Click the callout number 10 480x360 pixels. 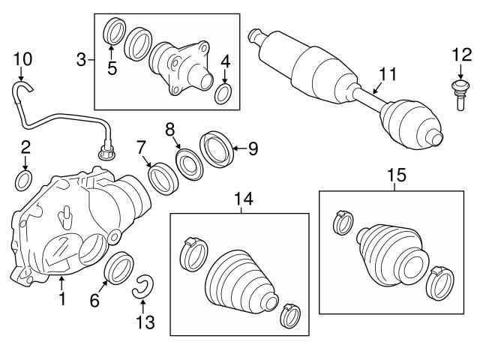coord(22,58)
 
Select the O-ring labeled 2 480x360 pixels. coord(24,179)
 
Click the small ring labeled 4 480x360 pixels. coord(223,94)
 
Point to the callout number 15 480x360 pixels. coord(395,175)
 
